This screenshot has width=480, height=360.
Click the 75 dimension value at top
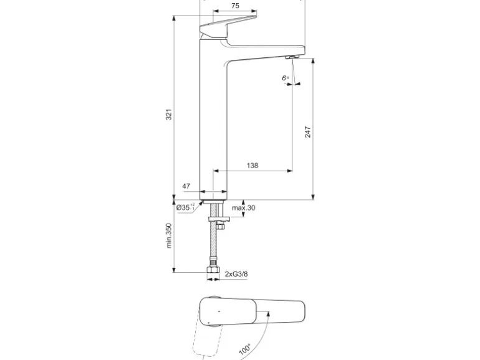(234, 6)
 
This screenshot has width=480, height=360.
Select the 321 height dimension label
(168, 115)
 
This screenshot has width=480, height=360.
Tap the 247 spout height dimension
(308, 131)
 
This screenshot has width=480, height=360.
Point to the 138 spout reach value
(252, 166)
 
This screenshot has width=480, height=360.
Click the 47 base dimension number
(185, 186)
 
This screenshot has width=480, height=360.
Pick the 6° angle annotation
(285, 78)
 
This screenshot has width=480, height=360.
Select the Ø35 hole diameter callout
(184, 207)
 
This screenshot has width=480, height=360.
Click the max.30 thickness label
(244, 207)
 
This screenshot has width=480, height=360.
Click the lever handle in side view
(228, 28)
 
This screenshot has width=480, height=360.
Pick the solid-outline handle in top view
(252, 310)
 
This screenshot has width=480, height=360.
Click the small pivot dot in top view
(218, 310)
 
